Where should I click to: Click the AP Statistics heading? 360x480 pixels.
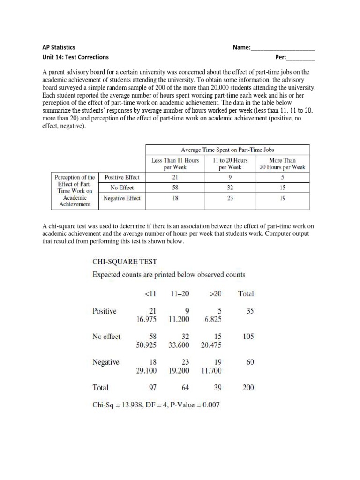pos(59,47)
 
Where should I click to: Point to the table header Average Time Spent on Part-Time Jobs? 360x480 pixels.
pos(227,150)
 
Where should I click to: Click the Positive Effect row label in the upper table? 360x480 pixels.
pos(122,177)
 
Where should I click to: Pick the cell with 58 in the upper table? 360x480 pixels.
pos(175,187)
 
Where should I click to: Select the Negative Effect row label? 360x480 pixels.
pos(122,198)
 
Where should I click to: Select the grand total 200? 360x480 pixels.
pos(246,388)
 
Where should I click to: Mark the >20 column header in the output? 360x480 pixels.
pos(216,294)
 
